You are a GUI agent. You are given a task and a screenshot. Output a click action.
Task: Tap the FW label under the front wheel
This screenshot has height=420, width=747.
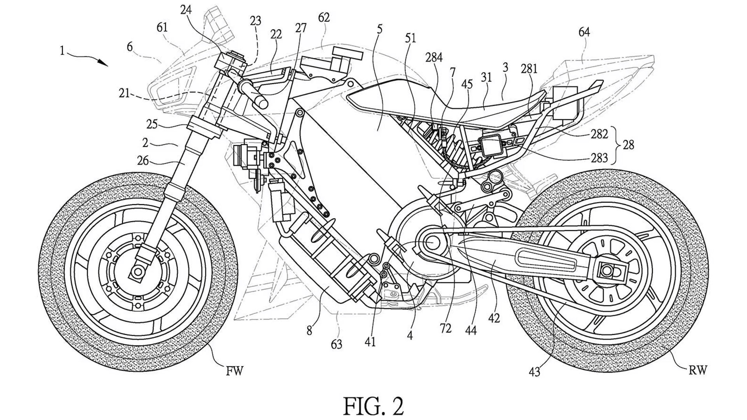coord(235,371)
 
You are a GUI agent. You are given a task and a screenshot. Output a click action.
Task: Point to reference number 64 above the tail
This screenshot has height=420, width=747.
coord(584,32)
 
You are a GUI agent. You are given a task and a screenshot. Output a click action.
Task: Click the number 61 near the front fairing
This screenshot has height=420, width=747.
coord(162,28)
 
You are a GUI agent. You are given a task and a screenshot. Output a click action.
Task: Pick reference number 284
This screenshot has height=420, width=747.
coord(434,58)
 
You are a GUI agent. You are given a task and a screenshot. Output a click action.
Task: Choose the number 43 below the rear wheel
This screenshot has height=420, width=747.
coord(535,372)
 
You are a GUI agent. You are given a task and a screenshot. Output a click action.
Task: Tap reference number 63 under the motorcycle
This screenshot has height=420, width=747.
coord(336,344)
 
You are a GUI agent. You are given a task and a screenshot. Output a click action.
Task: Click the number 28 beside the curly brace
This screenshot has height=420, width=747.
coord(628,145)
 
